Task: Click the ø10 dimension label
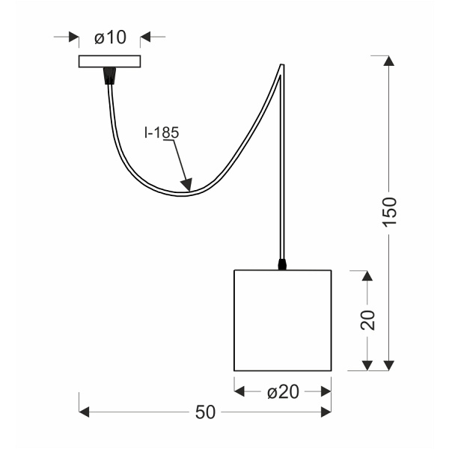[x=110, y=37]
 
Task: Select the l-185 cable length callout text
[x=162, y=133]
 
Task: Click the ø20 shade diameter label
[x=282, y=391]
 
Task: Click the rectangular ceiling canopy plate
[x=109, y=61]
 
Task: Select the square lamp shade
[x=282, y=320]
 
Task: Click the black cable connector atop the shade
[x=282, y=264]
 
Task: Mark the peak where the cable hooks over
[x=282, y=66]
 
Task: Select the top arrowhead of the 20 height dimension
[x=367, y=276]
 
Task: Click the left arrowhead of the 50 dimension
[x=85, y=412]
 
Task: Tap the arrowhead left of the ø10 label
[x=73, y=37]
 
